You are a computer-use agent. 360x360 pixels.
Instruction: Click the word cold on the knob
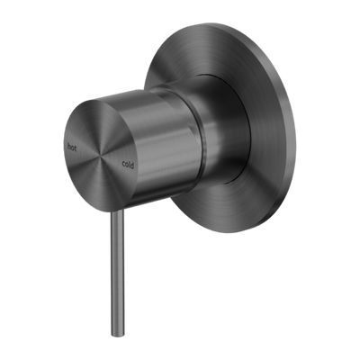[x=130, y=162]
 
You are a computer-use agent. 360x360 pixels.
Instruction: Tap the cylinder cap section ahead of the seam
[x=162, y=135]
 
